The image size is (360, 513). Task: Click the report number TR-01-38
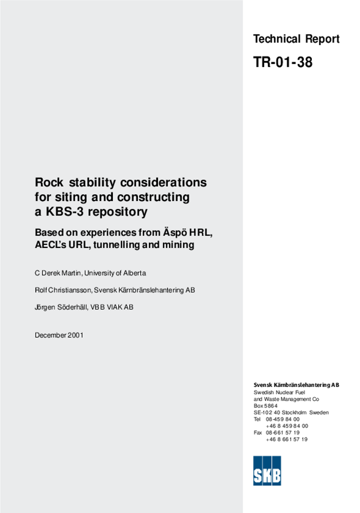[283, 62]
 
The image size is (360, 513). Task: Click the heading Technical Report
[296, 39]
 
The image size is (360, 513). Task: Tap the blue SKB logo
[267, 470]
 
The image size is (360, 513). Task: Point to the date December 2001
[59, 335]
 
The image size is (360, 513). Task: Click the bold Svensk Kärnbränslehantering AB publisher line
[296, 385]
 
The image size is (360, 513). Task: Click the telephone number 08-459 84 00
[283, 419]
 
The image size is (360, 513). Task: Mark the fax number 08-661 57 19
[283, 432]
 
